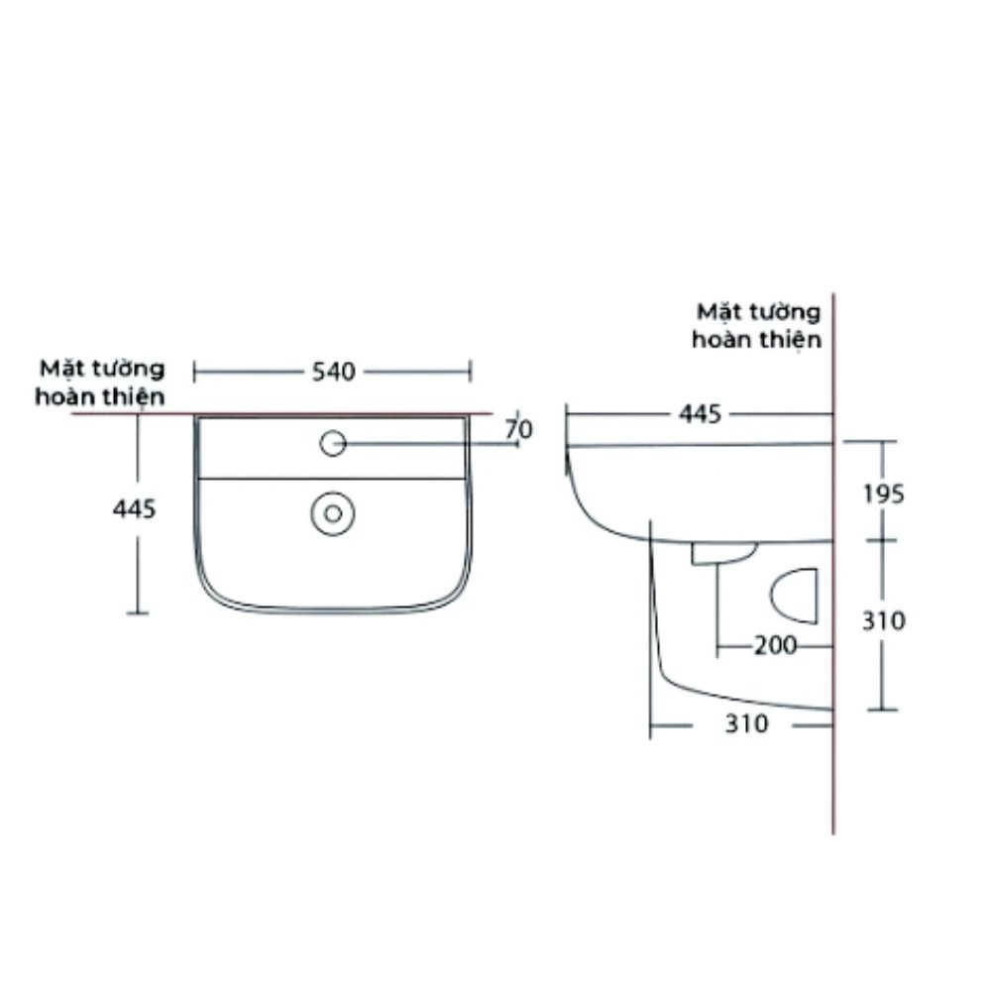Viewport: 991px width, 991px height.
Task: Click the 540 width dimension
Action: coord(333,373)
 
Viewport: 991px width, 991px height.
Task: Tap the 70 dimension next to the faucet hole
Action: coord(518,429)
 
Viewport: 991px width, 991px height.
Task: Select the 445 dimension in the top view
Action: coord(135,509)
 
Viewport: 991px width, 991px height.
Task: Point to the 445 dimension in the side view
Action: coord(699,414)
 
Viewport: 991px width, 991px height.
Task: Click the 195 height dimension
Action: coord(883,493)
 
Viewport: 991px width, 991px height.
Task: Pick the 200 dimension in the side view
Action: coord(775,645)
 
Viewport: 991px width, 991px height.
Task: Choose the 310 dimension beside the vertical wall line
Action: coord(883,621)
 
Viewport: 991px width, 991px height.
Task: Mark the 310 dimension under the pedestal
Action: coord(745,724)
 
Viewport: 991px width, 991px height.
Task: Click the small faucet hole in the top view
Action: coord(332,443)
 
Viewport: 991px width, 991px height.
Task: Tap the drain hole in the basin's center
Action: coord(333,512)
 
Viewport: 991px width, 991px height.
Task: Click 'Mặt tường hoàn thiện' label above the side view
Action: coord(758,325)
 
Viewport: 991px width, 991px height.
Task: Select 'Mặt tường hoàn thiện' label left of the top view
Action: coord(100,383)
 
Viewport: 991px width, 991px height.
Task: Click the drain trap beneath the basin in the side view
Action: coord(724,552)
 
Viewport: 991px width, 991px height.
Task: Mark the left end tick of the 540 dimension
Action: coord(194,372)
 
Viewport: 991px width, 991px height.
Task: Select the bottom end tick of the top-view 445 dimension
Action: coord(138,614)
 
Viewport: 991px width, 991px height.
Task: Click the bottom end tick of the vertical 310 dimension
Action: coord(882,710)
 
